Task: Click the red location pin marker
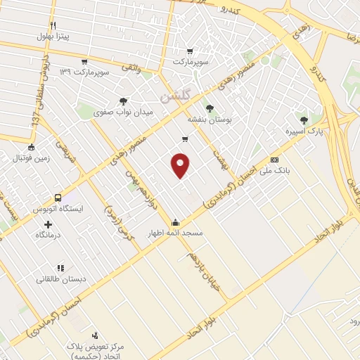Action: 181,165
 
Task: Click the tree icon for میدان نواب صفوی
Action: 124,101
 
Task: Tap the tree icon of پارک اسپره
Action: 304,120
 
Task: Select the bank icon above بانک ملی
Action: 274,160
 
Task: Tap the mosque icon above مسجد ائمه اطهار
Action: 175,222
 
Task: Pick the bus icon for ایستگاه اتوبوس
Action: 58,198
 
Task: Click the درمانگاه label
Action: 49,235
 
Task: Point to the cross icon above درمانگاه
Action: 48,224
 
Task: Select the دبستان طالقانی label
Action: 62,279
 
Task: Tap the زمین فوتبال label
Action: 27,159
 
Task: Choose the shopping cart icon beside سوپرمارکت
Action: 191,51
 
